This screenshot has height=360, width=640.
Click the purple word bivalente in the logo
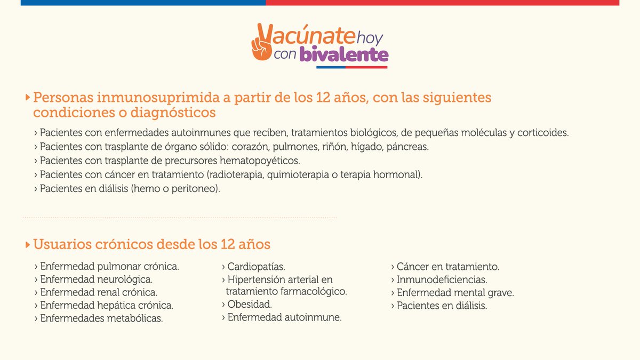click(x=343, y=54)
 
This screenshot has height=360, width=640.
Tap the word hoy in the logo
click(x=370, y=37)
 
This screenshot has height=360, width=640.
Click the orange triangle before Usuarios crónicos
click(x=28, y=245)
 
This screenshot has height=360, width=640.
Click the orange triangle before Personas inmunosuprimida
click(x=28, y=98)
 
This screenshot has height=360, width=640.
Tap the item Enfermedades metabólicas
click(x=101, y=319)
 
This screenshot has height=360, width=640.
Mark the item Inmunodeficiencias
click(x=442, y=279)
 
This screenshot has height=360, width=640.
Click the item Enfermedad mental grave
click(x=455, y=293)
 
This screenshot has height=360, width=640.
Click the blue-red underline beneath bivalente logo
click(x=351, y=68)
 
